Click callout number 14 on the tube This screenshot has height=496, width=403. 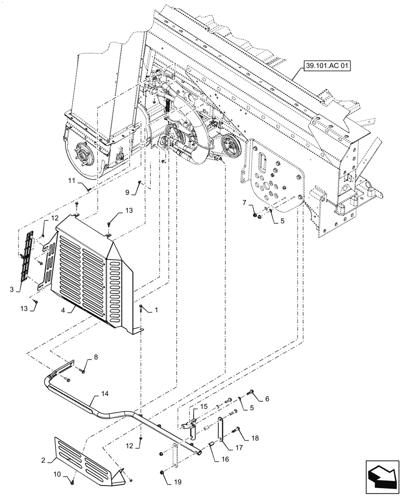coord(104,393)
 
